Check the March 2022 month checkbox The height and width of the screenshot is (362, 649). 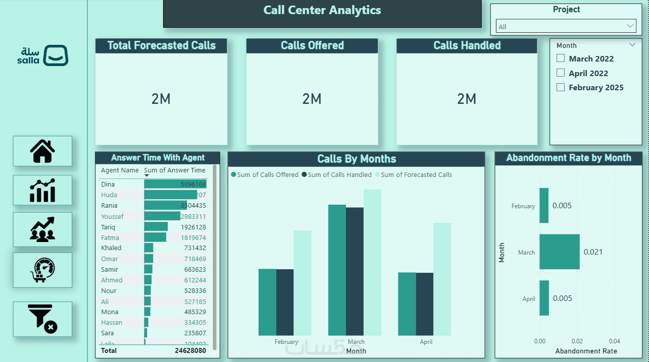click(560, 58)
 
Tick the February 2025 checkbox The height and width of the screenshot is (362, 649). click(560, 87)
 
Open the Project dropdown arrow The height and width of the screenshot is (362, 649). click(630, 26)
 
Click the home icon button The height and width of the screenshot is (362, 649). click(42, 151)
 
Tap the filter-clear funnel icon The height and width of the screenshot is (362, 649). click(42, 319)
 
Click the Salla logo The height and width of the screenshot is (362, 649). click(43, 55)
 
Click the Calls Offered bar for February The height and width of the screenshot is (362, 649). click(267, 302)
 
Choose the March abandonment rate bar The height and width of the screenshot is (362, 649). click(559, 252)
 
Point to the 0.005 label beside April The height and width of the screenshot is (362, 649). click(562, 298)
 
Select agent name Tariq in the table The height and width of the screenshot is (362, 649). click(109, 227)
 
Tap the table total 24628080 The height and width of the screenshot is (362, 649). click(190, 350)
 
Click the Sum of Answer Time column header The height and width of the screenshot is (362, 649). click(175, 170)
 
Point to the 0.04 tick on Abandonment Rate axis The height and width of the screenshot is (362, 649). click(614, 341)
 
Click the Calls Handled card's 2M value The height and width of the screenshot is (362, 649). click(467, 99)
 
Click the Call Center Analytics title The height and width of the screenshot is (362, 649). click(322, 10)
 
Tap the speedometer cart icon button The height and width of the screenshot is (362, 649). click(42, 270)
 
